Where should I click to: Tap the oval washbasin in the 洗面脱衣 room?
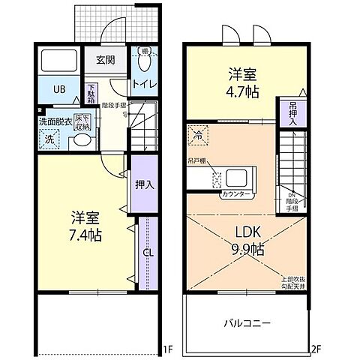(x=83, y=140)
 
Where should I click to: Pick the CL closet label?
(x=148, y=253)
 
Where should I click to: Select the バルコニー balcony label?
(x=246, y=323)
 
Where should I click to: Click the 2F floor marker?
(x=316, y=349)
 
